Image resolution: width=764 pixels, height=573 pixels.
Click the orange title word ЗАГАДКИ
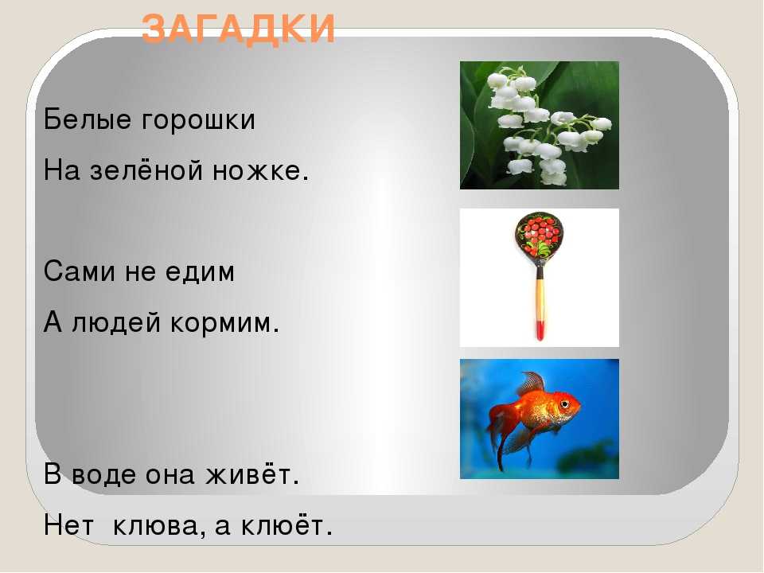pos(239,29)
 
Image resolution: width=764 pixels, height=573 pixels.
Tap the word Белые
pos(88,119)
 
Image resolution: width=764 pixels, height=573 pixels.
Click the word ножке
pos(261,171)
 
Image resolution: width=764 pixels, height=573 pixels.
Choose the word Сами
pos(79,271)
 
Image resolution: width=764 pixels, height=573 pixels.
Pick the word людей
pos(116,322)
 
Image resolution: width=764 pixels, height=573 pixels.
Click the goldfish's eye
pos(564,404)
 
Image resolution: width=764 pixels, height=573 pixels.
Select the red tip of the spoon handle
pos(540,330)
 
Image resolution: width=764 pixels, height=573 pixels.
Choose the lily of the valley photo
pos(540,125)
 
